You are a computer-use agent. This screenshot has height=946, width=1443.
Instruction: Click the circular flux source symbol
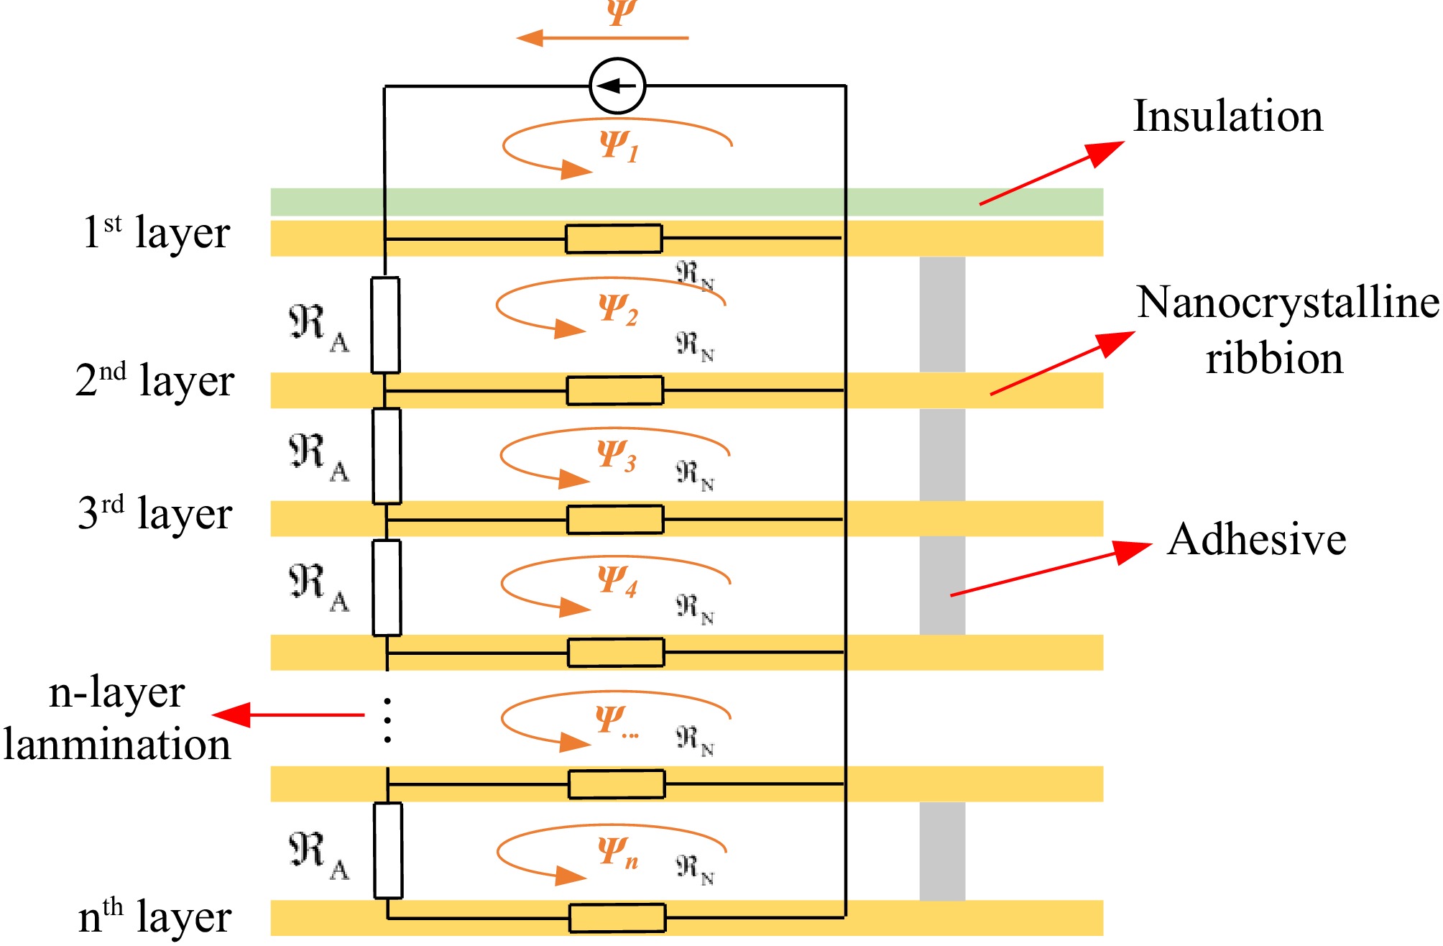pos(617,86)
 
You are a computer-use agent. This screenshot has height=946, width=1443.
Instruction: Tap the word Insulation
pos(1227,116)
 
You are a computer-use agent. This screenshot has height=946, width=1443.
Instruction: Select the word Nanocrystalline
pos(1288,302)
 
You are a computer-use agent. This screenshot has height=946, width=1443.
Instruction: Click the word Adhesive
pos(1256,539)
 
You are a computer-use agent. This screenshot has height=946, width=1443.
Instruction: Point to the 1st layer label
pos(157,233)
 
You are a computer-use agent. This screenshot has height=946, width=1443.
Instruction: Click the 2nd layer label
pos(155,380)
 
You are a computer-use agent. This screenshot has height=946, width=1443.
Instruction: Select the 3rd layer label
pos(155,513)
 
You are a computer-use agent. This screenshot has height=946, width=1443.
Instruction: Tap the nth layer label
pos(155,917)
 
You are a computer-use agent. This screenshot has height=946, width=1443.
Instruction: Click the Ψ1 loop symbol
pos(618,146)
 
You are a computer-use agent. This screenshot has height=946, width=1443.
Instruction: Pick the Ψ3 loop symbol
pos(616,456)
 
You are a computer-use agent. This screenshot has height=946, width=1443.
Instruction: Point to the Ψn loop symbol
pos(617,853)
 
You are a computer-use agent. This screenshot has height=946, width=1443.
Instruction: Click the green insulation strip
pos(686,202)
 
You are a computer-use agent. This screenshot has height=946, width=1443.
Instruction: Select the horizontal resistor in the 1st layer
pos(614,239)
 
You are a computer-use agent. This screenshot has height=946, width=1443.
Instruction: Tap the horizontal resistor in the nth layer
pos(617,918)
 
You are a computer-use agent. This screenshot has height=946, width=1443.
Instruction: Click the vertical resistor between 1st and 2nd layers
pos(385,325)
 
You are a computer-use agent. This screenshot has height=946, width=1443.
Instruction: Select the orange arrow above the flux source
pos(602,37)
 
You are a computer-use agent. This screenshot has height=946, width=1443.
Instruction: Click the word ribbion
pos(1273,359)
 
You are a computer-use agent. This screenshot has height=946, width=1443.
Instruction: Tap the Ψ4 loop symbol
pos(617,581)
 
